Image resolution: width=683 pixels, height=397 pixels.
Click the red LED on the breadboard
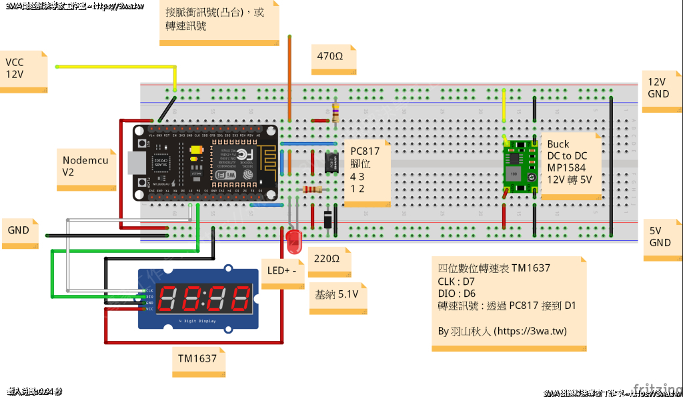(293, 241)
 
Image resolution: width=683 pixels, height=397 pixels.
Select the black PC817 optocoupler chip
(330, 161)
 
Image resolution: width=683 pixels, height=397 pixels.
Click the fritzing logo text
(653, 388)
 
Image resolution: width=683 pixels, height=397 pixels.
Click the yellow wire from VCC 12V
(113, 67)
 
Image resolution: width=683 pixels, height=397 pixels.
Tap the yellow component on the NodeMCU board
(196, 151)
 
